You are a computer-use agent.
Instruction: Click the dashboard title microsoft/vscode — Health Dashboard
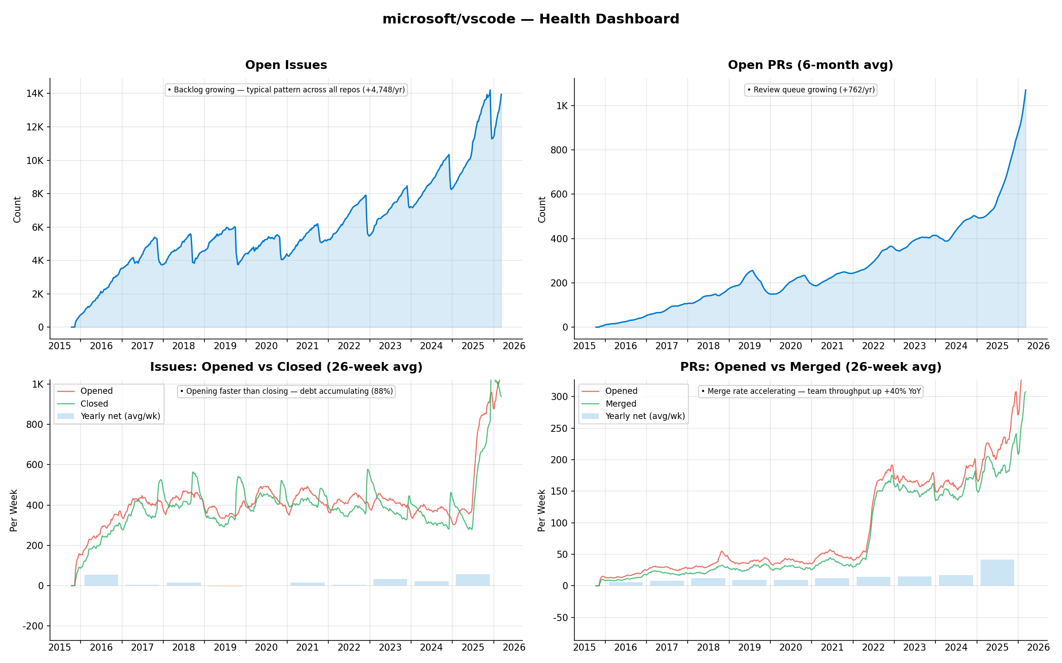[531, 19]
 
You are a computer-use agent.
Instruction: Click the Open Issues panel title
[286, 65]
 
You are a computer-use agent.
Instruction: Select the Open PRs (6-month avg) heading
[810, 65]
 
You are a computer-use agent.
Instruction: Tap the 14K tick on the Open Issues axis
[35, 93]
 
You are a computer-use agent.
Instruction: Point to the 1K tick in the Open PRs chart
[562, 106]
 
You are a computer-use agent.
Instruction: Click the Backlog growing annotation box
[286, 90]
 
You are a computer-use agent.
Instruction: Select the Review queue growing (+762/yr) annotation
[811, 90]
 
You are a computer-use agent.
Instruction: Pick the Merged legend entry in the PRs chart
[620, 404]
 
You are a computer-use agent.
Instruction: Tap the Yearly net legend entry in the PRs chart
[645, 416]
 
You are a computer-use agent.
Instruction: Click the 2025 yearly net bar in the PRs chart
[997, 573]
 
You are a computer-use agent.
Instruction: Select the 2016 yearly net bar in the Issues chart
[101, 580]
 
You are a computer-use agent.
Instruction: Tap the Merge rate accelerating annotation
[811, 391]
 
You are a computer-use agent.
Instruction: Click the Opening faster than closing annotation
[286, 391]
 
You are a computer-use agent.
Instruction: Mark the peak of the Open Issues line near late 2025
[490, 91]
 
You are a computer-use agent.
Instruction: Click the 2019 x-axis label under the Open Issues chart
[225, 346]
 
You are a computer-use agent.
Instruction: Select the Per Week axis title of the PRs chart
[542, 510]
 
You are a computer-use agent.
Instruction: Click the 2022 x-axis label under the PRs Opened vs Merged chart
[873, 647]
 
